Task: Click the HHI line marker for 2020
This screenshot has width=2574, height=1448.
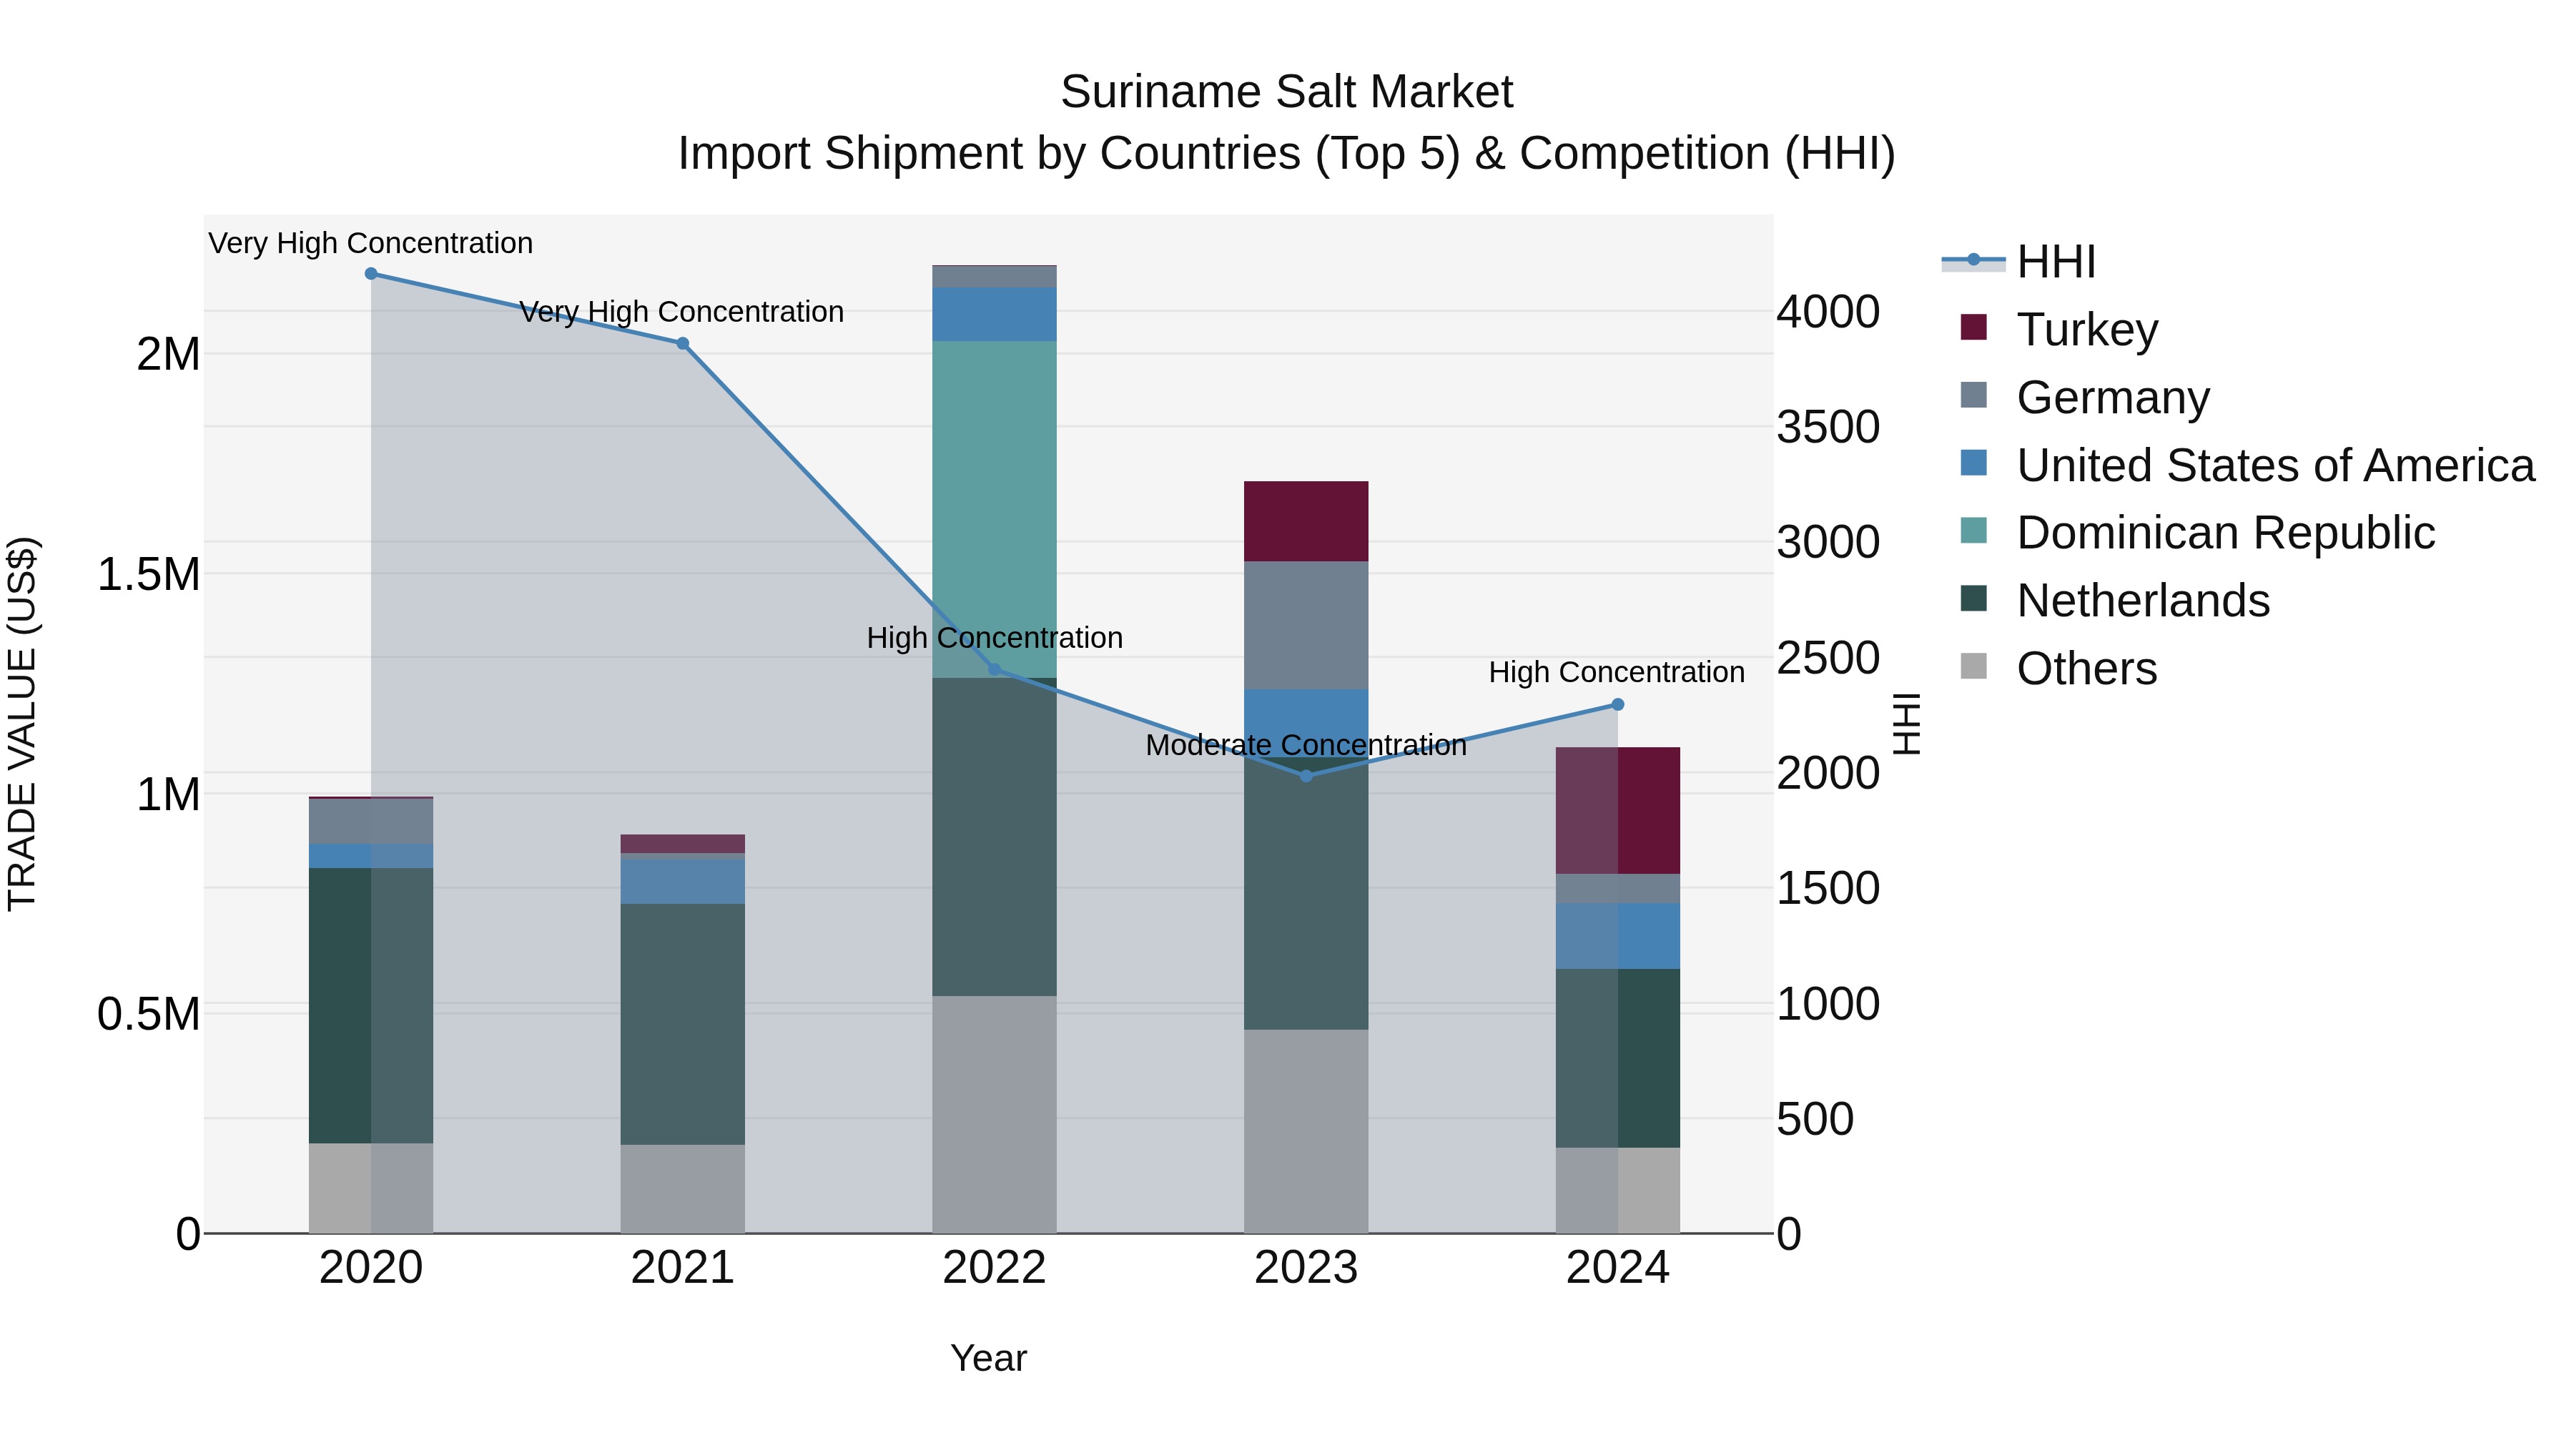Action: coord(370,274)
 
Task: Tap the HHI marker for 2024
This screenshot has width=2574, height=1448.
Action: coord(1618,704)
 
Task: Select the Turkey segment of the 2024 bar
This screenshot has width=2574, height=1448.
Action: coord(1618,810)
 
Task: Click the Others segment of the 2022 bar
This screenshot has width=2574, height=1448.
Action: coord(995,1114)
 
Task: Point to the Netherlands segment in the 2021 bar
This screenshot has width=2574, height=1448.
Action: coord(683,1024)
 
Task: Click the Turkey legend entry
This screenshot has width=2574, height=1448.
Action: coord(2086,330)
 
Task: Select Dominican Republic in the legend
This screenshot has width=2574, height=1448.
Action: coord(2224,533)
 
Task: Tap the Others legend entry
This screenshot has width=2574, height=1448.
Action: coord(2086,669)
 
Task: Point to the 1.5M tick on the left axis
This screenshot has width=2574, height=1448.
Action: coord(148,575)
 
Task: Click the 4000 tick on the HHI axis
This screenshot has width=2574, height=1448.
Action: coord(1828,312)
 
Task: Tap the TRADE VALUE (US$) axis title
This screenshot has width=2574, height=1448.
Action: coord(22,724)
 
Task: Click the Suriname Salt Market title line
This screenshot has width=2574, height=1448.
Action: coord(1286,92)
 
